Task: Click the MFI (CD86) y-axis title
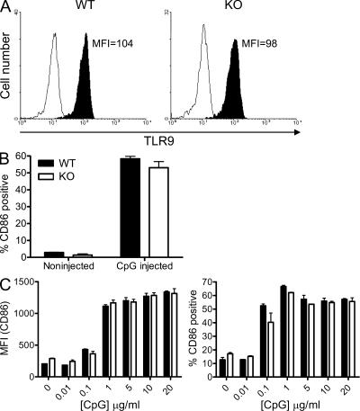10,334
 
